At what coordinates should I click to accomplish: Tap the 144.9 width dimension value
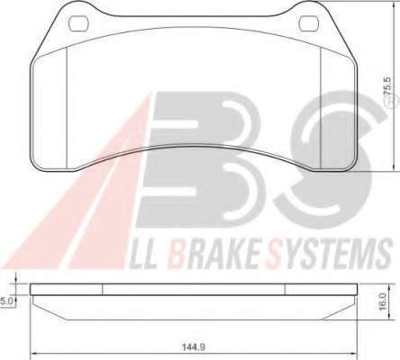pyautogui.click(x=194, y=347)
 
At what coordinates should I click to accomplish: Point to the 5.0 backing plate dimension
pyautogui.click(x=6, y=301)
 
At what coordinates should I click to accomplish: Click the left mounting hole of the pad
pyautogui.click(x=78, y=24)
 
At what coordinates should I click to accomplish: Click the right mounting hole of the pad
pyautogui.click(x=309, y=24)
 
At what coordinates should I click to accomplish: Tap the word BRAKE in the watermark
pyautogui.click(x=215, y=254)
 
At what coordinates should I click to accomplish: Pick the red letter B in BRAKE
pyautogui.click(x=177, y=254)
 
